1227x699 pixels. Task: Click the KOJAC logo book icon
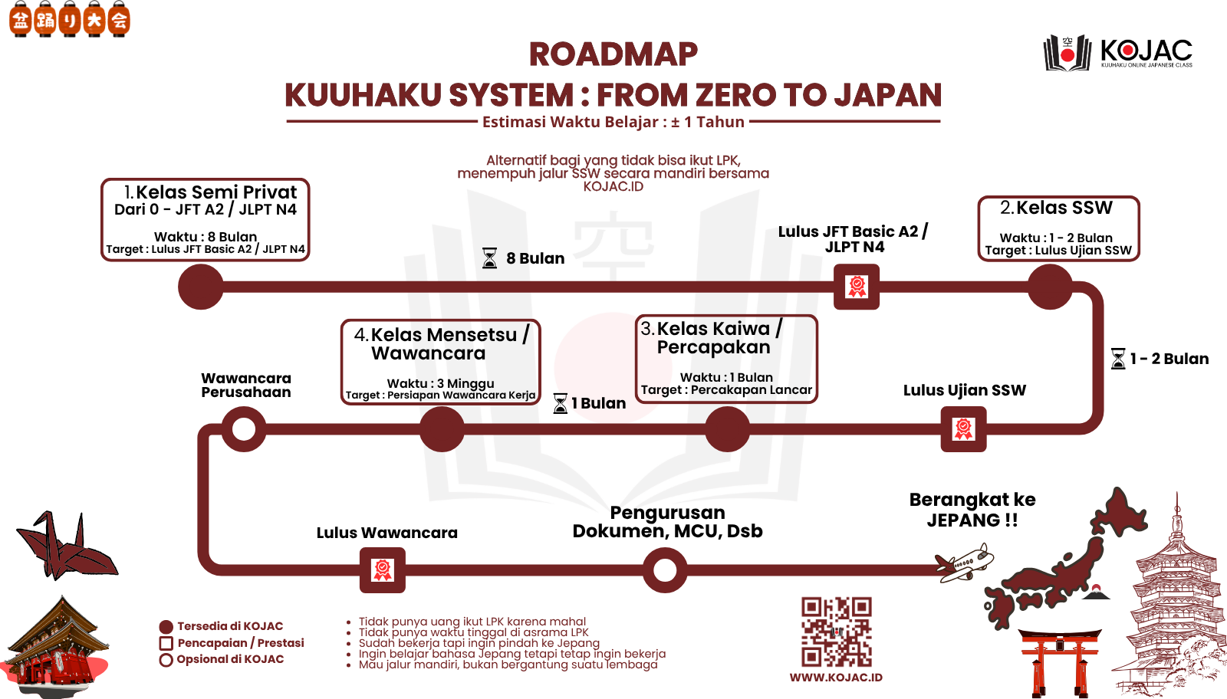tap(1067, 54)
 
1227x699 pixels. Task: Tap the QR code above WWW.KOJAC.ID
tap(837, 632)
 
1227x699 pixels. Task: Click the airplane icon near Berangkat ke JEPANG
tap(964, 563)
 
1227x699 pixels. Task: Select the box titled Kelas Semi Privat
tap(206, 219)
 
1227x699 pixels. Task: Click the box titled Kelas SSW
tap(1059, 228)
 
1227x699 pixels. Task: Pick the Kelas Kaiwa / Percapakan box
tap(726, 359)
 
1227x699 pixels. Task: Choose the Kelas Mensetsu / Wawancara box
tap(440, 363)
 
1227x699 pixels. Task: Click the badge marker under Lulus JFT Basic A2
tap(857, 287)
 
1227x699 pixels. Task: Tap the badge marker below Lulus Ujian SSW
tap(963, 429)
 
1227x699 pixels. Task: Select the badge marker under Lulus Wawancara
tap(383, 569)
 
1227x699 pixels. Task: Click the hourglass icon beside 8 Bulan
tap(490, 258)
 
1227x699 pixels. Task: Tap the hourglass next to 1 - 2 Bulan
tap(1118, 359)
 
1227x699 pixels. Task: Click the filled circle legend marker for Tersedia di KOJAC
tap(166, 627)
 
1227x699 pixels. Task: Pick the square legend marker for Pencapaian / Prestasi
tap(166, 643)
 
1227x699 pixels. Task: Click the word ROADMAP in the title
tap(613, 54)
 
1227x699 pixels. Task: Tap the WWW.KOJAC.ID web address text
tap(836, 678)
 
